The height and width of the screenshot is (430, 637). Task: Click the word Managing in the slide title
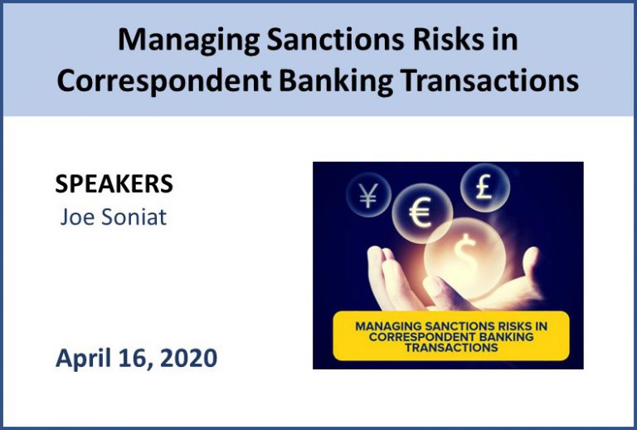coord(188,40)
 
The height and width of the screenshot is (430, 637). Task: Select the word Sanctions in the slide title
coord(335,39)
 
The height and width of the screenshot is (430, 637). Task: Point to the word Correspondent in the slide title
coord(164,81)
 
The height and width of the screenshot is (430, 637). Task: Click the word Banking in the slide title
coord(336,81)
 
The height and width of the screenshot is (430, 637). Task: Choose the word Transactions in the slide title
coord(489,80)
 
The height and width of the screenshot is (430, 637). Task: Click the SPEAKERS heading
coord(114,183)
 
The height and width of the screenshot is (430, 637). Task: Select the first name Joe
coord(77,217)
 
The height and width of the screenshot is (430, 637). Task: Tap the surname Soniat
coord(134,217)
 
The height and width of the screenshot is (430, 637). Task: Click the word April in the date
coord(83,359)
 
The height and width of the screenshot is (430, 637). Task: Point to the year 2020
coord(188,358)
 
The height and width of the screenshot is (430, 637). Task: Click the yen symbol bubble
coord(368,195)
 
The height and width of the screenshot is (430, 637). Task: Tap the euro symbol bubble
coord(421,213)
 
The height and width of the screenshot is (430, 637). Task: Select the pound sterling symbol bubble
coord(484,188)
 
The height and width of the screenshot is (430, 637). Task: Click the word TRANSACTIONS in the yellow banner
coord(451,348)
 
